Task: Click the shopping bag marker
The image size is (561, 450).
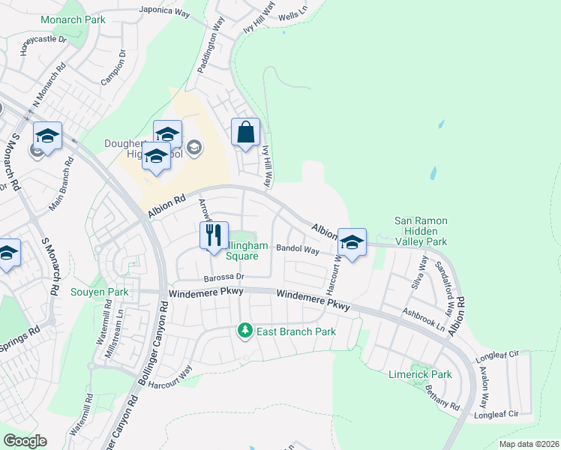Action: (x=245, y=133)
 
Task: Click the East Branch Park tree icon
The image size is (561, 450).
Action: (x=244, y=331)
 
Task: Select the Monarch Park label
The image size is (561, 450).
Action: (x=73, y=19)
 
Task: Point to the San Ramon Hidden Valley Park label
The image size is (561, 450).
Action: (x=421, y=231)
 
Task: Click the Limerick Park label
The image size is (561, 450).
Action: (x=420, y=374)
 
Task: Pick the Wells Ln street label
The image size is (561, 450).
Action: (x=292, y=16)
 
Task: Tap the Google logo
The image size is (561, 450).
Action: (x=25, y=441)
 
